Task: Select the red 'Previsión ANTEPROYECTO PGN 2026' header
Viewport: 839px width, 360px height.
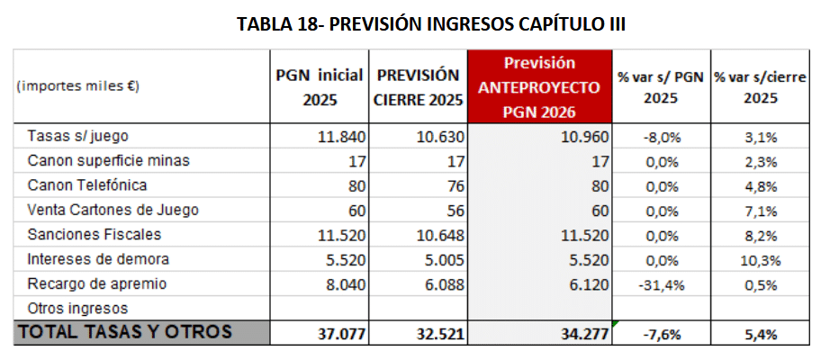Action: point(539,87)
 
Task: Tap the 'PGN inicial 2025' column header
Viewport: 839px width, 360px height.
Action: point(320,87)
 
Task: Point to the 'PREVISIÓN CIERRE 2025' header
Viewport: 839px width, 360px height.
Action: point(418,87)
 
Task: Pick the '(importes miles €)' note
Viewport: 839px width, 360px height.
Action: point(76,87)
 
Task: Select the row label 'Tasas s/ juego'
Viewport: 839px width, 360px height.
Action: point(78,137)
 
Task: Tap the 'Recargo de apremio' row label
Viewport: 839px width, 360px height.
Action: point(97,283)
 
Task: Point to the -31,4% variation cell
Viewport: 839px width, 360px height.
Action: point(661,283)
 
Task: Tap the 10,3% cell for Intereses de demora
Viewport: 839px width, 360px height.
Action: point(760,259)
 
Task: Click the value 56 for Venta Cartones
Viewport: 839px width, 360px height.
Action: point(453,210)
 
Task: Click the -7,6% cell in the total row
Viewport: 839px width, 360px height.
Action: point(661,333)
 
